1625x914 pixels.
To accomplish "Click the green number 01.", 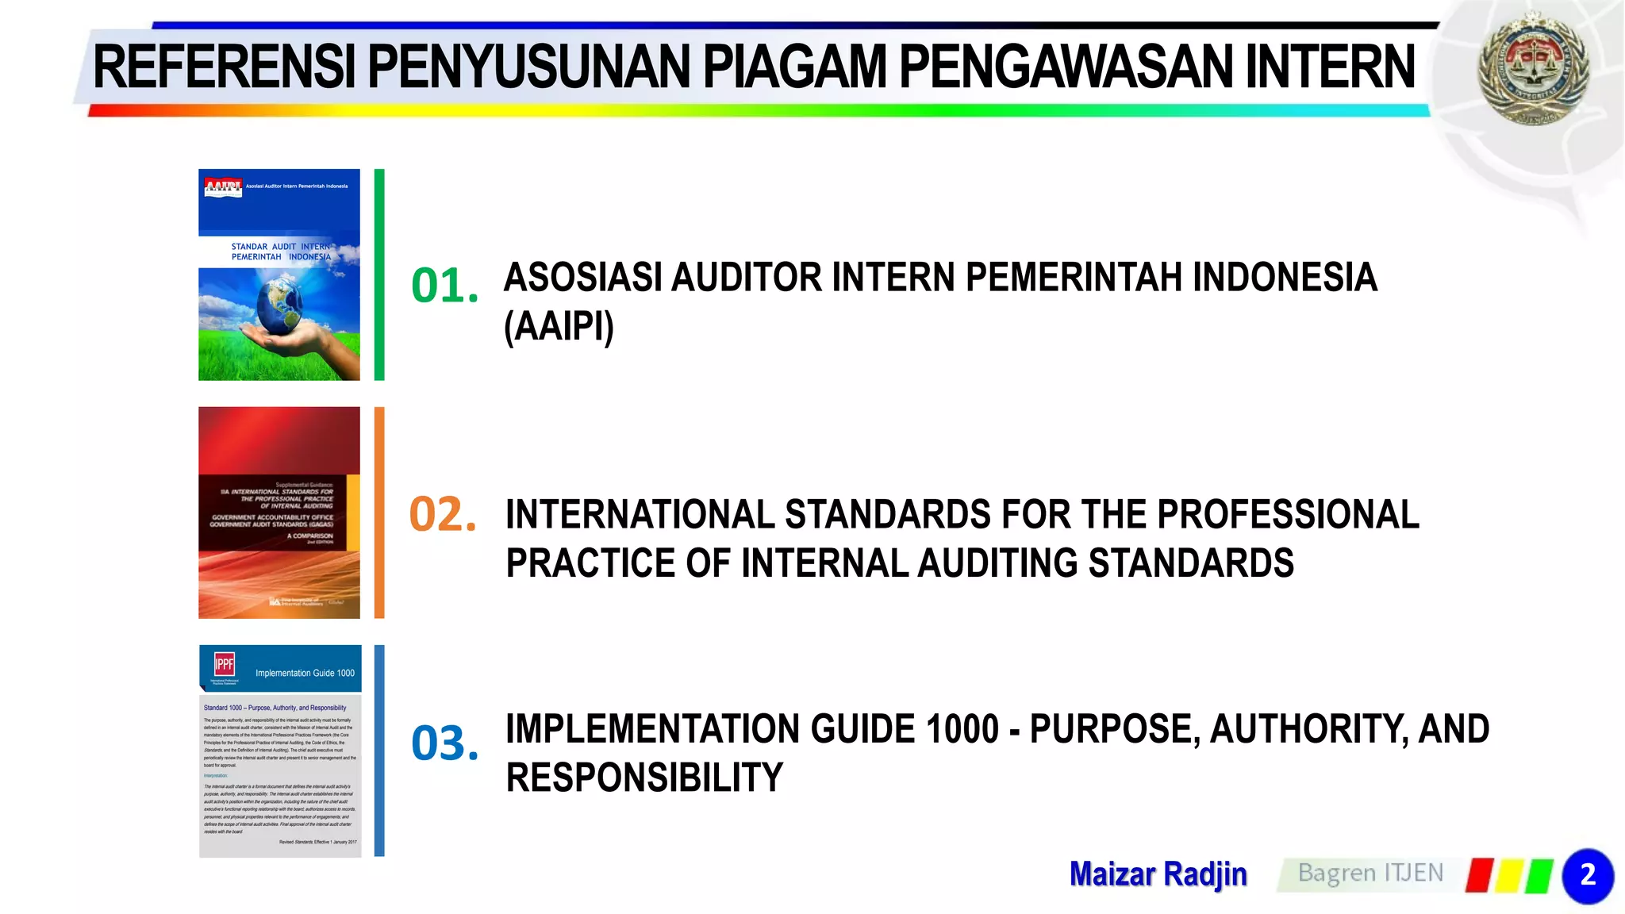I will tap(444, 286).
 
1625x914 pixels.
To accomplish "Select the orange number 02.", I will tap(443, 514).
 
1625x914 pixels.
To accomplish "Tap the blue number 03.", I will tap(444, 743).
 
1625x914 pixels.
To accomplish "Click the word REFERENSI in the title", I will tap(225, 67).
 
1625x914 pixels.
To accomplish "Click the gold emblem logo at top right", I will tap(1532, 70).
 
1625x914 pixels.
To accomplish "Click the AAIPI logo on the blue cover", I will tap(223, 187).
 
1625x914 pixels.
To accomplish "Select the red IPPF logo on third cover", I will tap(225, 664).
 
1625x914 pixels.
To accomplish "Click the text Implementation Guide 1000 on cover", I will tap(305, 673).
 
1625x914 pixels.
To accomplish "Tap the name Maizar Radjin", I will tap(1158, 874).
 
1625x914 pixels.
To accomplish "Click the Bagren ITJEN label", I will tap(1370, 874).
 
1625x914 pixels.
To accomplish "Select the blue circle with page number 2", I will tap(1588, 876).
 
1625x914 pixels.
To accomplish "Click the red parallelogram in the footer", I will tap(1480, 875).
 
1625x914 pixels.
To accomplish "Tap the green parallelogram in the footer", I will tap(1539, 875).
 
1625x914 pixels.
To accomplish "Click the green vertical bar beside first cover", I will tap(379, 275).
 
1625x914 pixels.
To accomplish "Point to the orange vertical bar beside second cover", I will tap(379, 513).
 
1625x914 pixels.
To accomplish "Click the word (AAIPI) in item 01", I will tap(559, 326).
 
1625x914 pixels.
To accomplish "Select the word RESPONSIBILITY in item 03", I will tap(644, 778).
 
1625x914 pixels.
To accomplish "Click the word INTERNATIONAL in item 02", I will tap(640, 515).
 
